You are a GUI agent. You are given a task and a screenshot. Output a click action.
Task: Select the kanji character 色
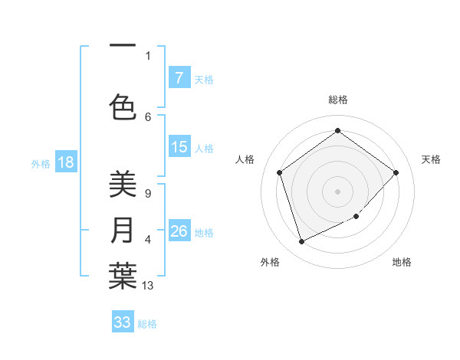click(x=123, y=107)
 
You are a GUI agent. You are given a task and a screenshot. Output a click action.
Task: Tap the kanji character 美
click(x=123, y=184)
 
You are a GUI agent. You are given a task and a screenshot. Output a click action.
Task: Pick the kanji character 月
click(x=123, y=231)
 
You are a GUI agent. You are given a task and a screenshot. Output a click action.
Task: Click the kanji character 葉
click(x=123, y=277)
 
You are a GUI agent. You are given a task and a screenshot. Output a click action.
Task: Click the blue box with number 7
click(x=179, y=77)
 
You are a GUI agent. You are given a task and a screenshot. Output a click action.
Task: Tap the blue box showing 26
click(x=179, y=231)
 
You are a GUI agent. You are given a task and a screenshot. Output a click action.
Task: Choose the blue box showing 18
click(x=65, y=162)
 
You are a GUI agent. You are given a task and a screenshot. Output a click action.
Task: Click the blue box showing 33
click(x=123, y=322)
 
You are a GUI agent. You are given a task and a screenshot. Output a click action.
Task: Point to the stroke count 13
click(x=148, y=286)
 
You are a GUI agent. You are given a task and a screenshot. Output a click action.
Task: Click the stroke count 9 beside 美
click(x=148, y=194)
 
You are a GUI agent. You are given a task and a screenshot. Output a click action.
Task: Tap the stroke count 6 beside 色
click(x=148, y=116)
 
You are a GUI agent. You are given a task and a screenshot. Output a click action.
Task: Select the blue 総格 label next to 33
click(x=148, y=324)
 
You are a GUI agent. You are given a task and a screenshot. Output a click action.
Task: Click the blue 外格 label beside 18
click(x=40, y=163)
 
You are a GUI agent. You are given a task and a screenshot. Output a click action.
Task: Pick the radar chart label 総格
click(x=337, y=100)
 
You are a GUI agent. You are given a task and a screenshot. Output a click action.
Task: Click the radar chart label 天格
click(x=431, y=159)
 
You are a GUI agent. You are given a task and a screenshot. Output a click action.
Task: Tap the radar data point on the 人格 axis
click(x=280, y=172)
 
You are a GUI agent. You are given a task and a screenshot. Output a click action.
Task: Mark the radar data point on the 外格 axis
click(x=301, y=242)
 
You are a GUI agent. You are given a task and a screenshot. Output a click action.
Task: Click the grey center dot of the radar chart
click(x=337, y=191)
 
